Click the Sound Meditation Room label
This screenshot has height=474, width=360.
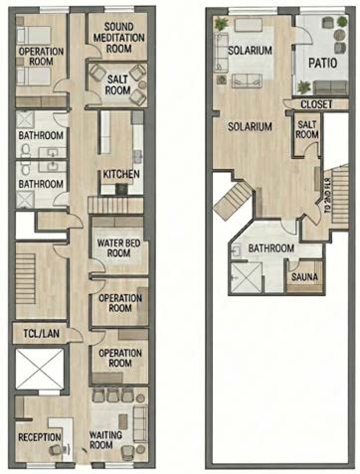118,38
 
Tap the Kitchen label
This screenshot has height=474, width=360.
121,174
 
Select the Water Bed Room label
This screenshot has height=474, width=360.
118,248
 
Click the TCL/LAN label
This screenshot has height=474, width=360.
42,334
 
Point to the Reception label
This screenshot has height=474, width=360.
40,437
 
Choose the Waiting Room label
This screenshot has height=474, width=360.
105,439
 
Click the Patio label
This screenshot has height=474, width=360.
322,63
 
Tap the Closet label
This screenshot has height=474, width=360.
316,104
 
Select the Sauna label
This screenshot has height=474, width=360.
304,276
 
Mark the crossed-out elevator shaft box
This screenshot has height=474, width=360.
40,369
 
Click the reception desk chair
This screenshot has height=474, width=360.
56,449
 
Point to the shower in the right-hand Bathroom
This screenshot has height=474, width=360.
247,278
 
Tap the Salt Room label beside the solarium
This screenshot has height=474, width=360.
307,129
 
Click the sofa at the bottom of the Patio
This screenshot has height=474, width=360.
330,87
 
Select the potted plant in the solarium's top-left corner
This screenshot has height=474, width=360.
221,24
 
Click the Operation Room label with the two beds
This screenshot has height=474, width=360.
41,57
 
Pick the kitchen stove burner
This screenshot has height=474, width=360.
121,189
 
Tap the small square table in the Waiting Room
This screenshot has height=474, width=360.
123,421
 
